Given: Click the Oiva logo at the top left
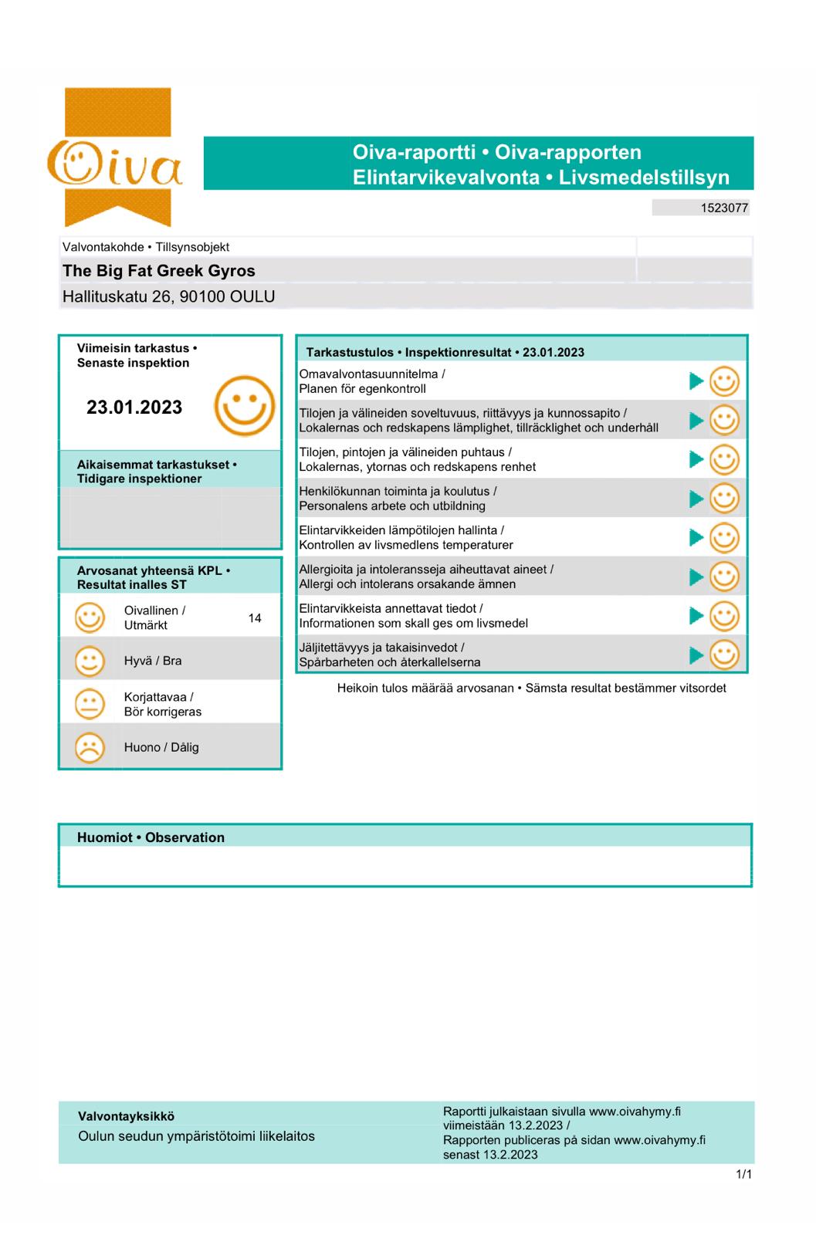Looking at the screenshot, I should (x=116, y=158).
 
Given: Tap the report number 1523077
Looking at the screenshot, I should (x=724, y=208).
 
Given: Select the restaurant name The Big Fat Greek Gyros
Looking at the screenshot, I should (x=158, y=271).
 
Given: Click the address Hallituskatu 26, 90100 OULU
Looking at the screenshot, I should (x=168, y=296).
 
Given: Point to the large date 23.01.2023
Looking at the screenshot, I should (x=134, y=408).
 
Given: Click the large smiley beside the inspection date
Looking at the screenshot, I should (x=244, y=406).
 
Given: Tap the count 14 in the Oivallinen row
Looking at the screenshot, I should (x=255, y=617).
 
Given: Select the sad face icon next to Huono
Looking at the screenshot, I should (x=90, y=747).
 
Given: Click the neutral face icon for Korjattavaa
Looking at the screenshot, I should (x=90, y=704).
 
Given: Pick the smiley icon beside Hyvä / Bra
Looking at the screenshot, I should (x=90, y=661).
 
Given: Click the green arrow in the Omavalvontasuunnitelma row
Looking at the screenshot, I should (x=696, y=381).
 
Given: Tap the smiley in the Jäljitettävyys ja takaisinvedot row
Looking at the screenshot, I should (x=724, y=655).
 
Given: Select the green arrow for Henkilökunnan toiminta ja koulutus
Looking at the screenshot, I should (x=696, y=499).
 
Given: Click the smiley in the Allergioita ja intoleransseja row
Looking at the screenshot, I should (x=724, y=577).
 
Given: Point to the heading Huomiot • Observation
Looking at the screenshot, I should (x=151, y=837).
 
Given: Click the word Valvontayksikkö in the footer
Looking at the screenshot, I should (x=126, y=1116).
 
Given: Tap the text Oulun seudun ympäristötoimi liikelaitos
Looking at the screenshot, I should (x=196, y=1136).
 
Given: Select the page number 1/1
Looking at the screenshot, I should (x=743, y=1175).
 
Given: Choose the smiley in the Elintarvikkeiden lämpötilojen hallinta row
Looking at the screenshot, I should (x=724, y=538).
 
